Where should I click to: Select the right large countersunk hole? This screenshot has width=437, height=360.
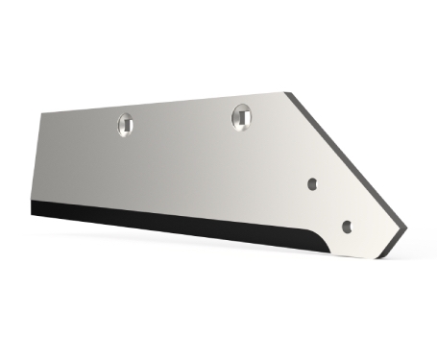click(x=241, y=115)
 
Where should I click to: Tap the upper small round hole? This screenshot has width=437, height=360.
click(x=312, y=182)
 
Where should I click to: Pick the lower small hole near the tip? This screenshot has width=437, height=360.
click(x=347, y=227)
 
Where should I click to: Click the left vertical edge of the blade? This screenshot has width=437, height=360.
click(x=36, y=158)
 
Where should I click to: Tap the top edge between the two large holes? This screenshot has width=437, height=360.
click(x=182, y=103)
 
